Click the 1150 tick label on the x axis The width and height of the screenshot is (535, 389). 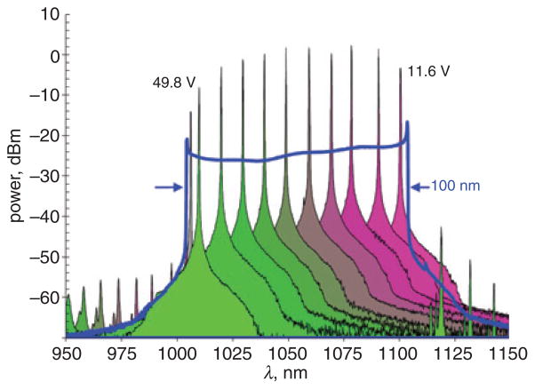(508, 353)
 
